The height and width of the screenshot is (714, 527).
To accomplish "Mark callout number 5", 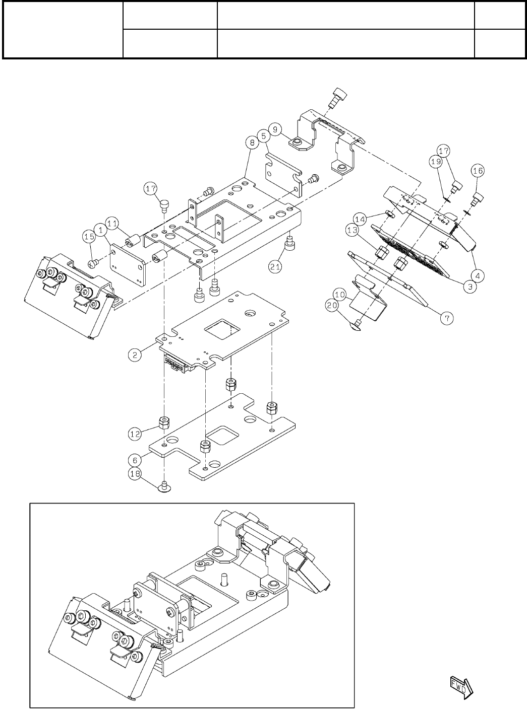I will tap(262, 136).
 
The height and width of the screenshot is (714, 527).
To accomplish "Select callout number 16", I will tap(478, 171).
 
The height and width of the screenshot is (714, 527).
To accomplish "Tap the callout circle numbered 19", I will tap(436, 162).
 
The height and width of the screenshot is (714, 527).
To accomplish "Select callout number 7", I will tap(447, 317).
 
